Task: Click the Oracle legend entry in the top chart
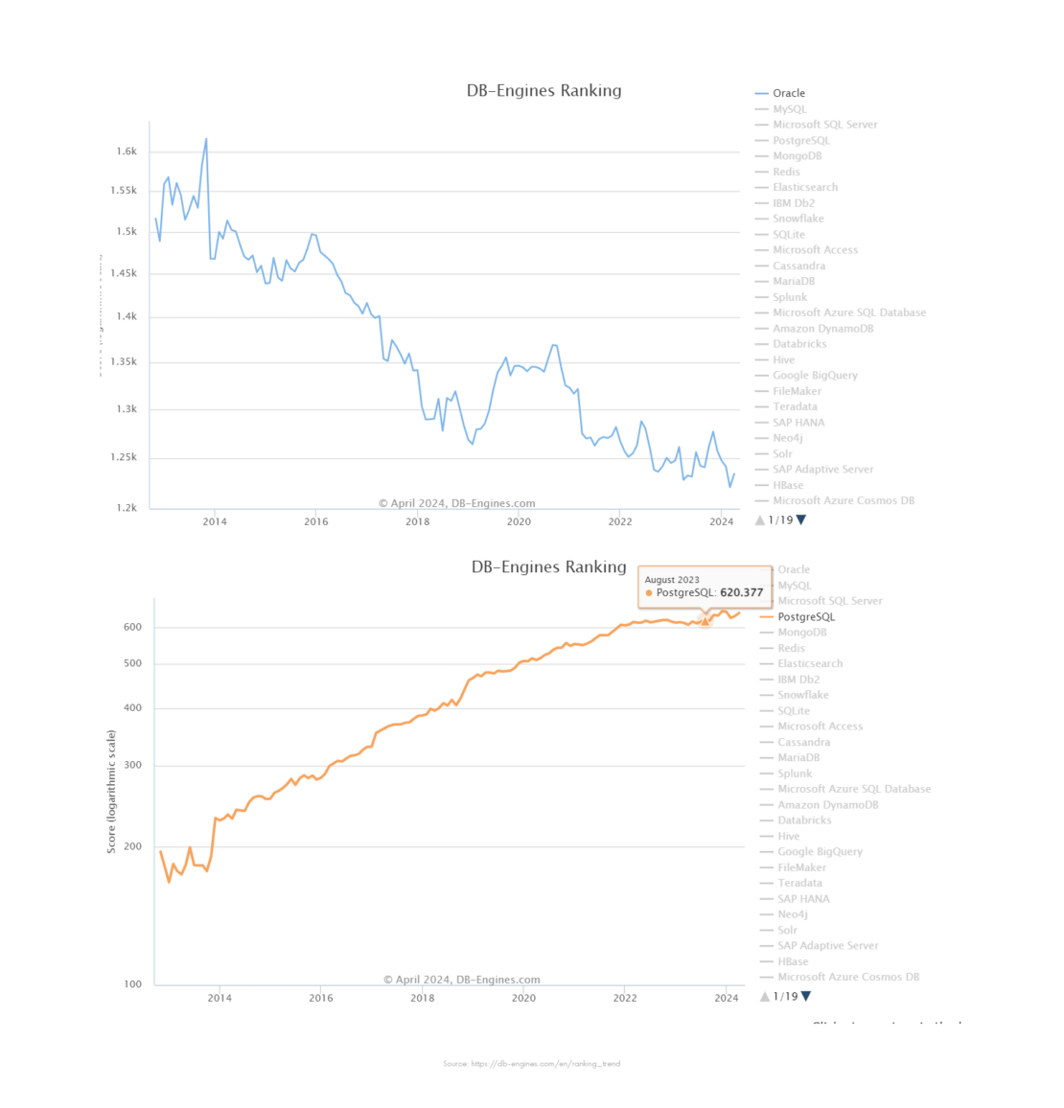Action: point(788,93)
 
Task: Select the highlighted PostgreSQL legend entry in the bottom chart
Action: point(805,616)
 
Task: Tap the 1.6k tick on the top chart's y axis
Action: point(127,151)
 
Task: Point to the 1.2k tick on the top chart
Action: point(127,508)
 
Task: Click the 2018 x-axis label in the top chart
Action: point(417,521)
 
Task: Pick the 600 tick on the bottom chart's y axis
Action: point(132,627)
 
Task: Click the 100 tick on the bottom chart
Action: point(132,984)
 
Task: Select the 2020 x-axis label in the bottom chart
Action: point(523,998)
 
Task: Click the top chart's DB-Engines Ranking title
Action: point(544,91)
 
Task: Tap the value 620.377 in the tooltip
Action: point(742,592)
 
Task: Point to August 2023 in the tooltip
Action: point(672,580)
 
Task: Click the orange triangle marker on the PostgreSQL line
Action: point(705,621)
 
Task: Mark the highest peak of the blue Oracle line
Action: point(206,139)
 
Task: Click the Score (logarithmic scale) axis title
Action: point(111,792)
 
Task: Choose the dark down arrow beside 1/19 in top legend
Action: point(801,520)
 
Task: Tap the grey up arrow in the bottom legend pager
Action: point(765,997)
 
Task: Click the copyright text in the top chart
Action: point(456,503)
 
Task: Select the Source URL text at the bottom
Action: point(531,1063)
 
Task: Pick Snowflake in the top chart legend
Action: point(798,219)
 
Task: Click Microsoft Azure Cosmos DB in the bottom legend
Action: point(847,977)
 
